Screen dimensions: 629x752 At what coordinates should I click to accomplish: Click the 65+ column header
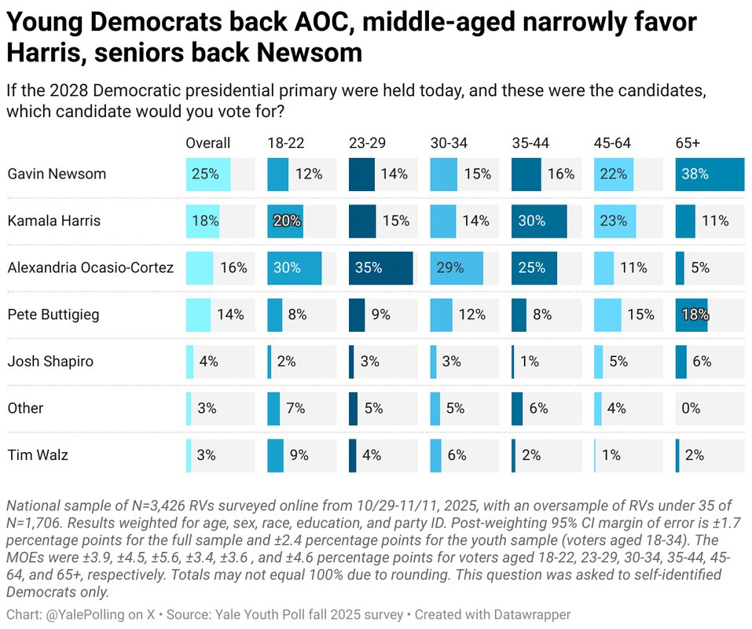[x=689, y=143]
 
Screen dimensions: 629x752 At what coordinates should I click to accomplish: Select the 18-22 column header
[x=285, y=143]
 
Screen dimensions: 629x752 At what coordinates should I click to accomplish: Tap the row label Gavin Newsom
[x=57, y=174]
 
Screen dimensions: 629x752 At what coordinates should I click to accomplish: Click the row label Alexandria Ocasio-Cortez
[x=90, y=267]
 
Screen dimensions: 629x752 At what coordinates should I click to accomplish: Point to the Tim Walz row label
[x=37, y=454]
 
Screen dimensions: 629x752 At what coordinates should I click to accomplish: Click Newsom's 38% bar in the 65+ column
[x=709, y=174]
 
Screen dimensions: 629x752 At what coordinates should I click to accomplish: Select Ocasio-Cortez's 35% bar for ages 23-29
[x=380, y=267]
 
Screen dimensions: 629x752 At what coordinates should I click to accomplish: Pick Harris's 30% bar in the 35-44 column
[x=538, y=221]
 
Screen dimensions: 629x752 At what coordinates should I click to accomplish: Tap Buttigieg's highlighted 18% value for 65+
[x=695, y=314]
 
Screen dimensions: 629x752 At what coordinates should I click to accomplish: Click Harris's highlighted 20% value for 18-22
[x=287, y=221]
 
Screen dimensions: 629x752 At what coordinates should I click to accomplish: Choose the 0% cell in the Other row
[x=691, y=408]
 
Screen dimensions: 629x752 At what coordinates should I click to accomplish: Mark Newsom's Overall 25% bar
[x=207, y=174]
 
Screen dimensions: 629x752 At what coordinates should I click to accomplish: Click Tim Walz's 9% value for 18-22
[x=299, y=454]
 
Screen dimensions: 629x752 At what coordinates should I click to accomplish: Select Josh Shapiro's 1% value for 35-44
[x=529, y=362]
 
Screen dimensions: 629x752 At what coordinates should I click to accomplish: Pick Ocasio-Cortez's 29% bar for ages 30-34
[x=457, y=267]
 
